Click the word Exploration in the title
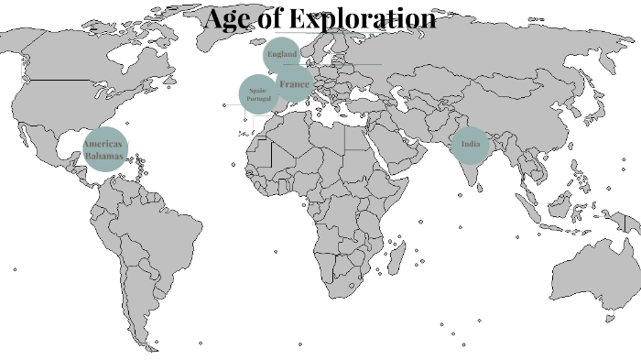(x=366, y=17)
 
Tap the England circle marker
(x=282, y=55)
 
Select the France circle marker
(x=294, y=84)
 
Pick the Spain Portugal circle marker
(x=258, y=94)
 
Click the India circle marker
(x=471, y=145)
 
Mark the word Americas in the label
(x=103, y=145)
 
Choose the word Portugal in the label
(x=258, y=99)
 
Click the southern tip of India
(x=474, y=181)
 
